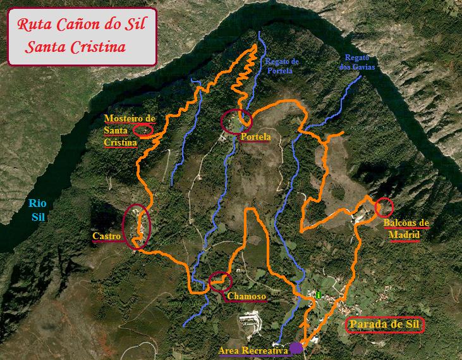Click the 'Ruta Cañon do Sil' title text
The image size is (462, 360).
coord(82,26)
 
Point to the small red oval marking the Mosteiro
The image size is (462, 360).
coord(143,130)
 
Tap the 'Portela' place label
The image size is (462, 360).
coord(255,137)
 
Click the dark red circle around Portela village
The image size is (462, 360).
coord(236,120)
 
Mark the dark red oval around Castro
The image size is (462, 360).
coord(138,226)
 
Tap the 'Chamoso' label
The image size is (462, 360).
coord(246,296)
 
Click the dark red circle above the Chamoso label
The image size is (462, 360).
coord(220,281)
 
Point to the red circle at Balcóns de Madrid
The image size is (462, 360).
coord(384,207)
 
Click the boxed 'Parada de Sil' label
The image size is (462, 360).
coord(385,326)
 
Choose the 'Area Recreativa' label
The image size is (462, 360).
coord(252,350)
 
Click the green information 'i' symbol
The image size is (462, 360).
coord(319,294)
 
